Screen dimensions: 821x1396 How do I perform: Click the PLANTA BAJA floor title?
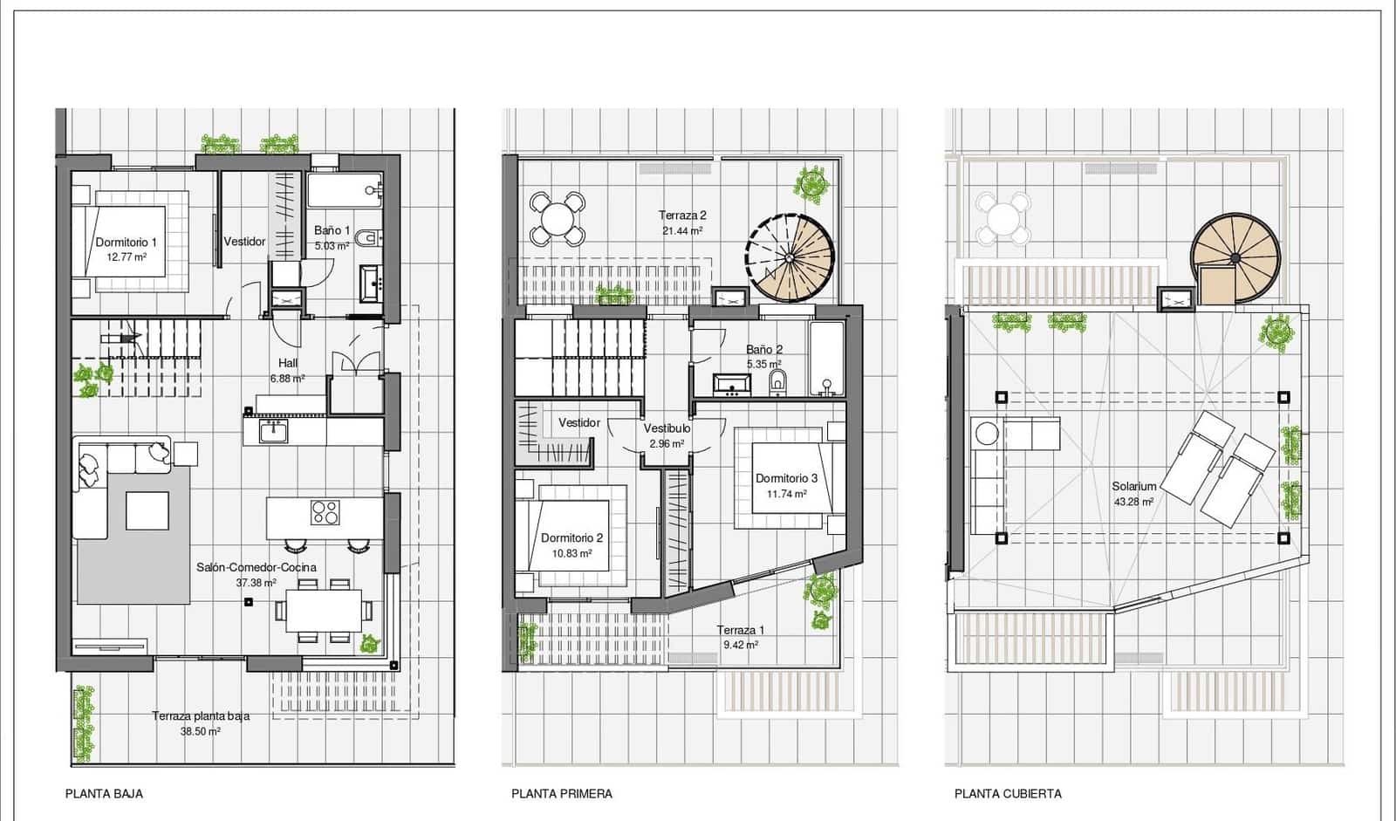(104, 794)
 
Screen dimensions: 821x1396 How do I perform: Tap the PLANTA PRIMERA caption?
(561, 794)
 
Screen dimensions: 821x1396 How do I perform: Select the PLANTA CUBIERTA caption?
(1008, 794)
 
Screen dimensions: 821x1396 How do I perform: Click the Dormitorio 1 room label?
(127, 243)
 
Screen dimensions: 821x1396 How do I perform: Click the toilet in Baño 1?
(370, 236)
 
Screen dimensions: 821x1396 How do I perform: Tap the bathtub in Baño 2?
(825, 358)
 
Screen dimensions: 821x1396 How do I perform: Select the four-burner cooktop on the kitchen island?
(325, 512)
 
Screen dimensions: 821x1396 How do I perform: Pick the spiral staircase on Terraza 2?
(790, 257)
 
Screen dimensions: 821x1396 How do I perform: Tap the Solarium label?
(1133, 487)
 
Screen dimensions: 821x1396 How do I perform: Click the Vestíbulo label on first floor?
(667, 428)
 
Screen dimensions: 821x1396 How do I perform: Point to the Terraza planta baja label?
(201, 716)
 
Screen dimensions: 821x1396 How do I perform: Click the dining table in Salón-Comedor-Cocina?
(323, 610)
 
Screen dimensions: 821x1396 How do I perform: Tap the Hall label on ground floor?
(288, 363)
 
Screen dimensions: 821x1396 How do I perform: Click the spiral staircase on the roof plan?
(1234, 257)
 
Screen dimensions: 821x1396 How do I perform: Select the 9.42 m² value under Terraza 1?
(740, 645)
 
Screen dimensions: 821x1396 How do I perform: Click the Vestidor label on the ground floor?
(244, 242)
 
